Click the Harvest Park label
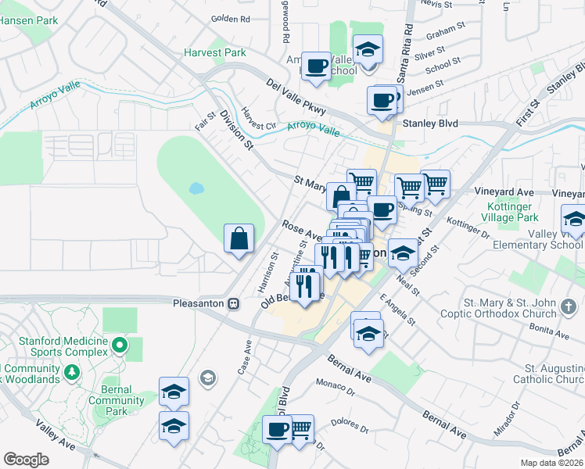pos(215,53)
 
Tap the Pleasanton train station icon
pos(233,303)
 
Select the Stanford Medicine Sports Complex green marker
pos(119,344)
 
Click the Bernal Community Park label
pos(117,406)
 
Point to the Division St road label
pos(237,130)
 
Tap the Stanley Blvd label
pos(429,124)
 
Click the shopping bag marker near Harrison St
pos(239,239)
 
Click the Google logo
pos(27,460)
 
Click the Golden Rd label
pos(230,18)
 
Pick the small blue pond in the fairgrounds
pos(196,188)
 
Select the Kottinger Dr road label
pos(467,229)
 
